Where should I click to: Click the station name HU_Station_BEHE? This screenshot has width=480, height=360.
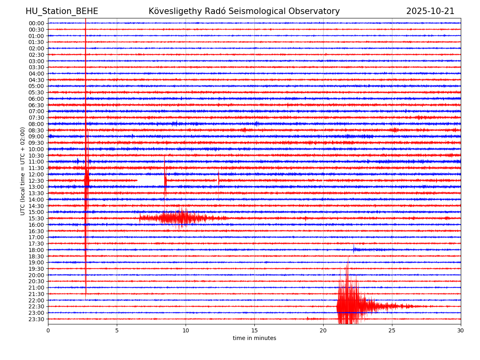(62, 11)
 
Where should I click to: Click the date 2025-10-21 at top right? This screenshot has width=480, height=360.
(430, 11)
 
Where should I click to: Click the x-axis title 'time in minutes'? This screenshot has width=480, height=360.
(254, 338)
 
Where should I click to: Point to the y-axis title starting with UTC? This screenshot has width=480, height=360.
(23, 171)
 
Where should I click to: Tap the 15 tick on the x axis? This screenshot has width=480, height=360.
(254, 330)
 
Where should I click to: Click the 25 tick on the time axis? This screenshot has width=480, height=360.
(392, 330)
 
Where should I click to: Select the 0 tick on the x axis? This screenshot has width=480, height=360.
(48, 330)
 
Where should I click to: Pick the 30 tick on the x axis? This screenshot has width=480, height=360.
(461, 330)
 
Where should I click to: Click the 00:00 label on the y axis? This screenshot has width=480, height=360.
(36, 23)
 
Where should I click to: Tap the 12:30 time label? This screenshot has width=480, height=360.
(36, 181)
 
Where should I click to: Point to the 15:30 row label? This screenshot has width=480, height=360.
(36, 218)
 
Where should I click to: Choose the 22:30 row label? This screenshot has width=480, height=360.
(36, 307)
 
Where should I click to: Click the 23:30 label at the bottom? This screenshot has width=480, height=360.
(36, 319)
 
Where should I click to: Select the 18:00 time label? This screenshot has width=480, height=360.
(36, 250)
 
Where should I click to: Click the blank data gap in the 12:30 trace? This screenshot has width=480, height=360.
(150, 181)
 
